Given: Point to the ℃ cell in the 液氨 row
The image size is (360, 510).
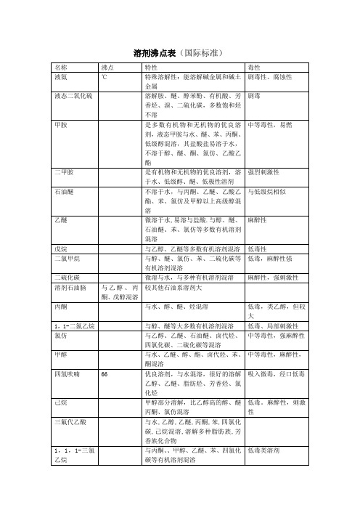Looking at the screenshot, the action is pos(105,76).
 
